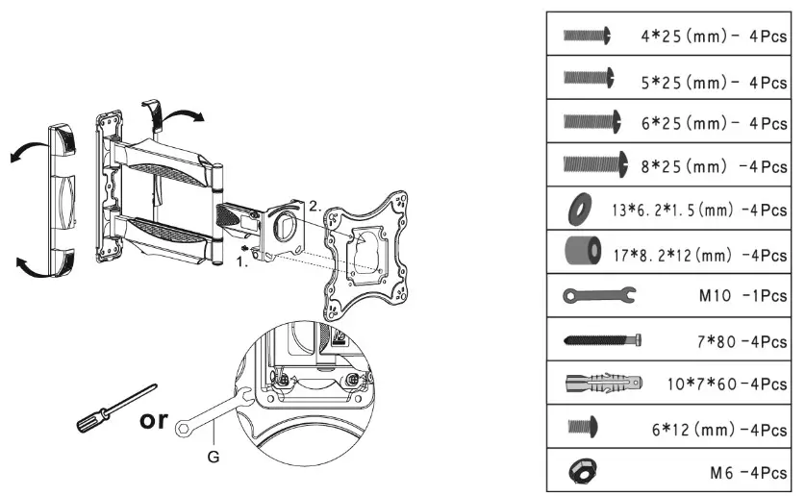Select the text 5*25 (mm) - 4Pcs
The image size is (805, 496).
point(713,82)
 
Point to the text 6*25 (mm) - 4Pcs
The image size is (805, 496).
point(713,123)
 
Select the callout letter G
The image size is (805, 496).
point(214,458)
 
